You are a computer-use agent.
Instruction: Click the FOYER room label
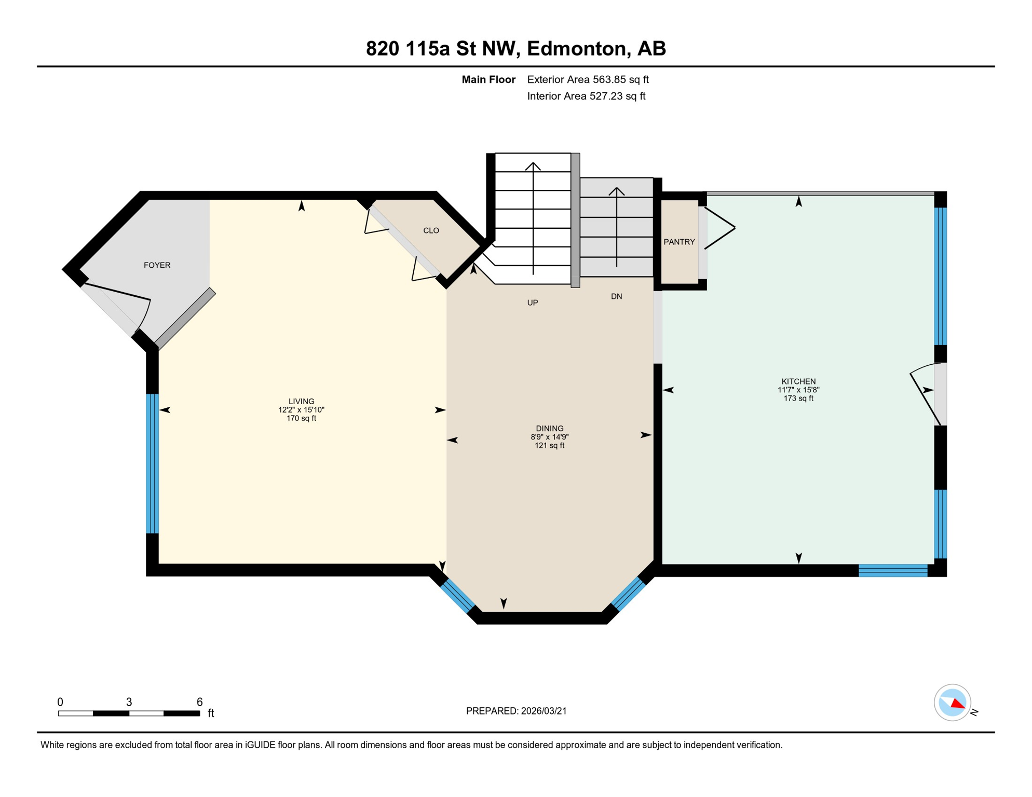coord(157,265)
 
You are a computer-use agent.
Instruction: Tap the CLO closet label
coord(431,230)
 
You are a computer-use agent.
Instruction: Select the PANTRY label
coord(679,242)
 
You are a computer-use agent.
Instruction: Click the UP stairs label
coord(533,303)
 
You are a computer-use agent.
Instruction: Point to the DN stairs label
coord(616,296)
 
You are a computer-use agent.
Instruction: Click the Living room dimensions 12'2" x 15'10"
coord(301,410)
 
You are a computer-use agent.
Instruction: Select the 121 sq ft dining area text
coord(549,445)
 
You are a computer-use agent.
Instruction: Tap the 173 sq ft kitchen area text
coord(798,398)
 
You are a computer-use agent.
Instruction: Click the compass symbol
coord(953,703)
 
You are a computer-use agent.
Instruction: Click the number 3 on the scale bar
coord(129,702)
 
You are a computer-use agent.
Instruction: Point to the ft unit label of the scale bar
coord(211,713)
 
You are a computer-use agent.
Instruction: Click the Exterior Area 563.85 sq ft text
coord(588,79)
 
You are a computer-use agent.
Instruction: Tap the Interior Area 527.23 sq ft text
coord(586,96)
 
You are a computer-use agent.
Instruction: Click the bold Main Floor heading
coord(488,79)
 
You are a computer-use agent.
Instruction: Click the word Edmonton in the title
coord(578,48)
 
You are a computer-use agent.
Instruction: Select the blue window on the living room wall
coord(152,463)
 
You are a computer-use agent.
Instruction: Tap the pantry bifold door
coord(719,228)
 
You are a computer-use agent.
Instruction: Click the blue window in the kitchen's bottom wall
coord(893,571)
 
